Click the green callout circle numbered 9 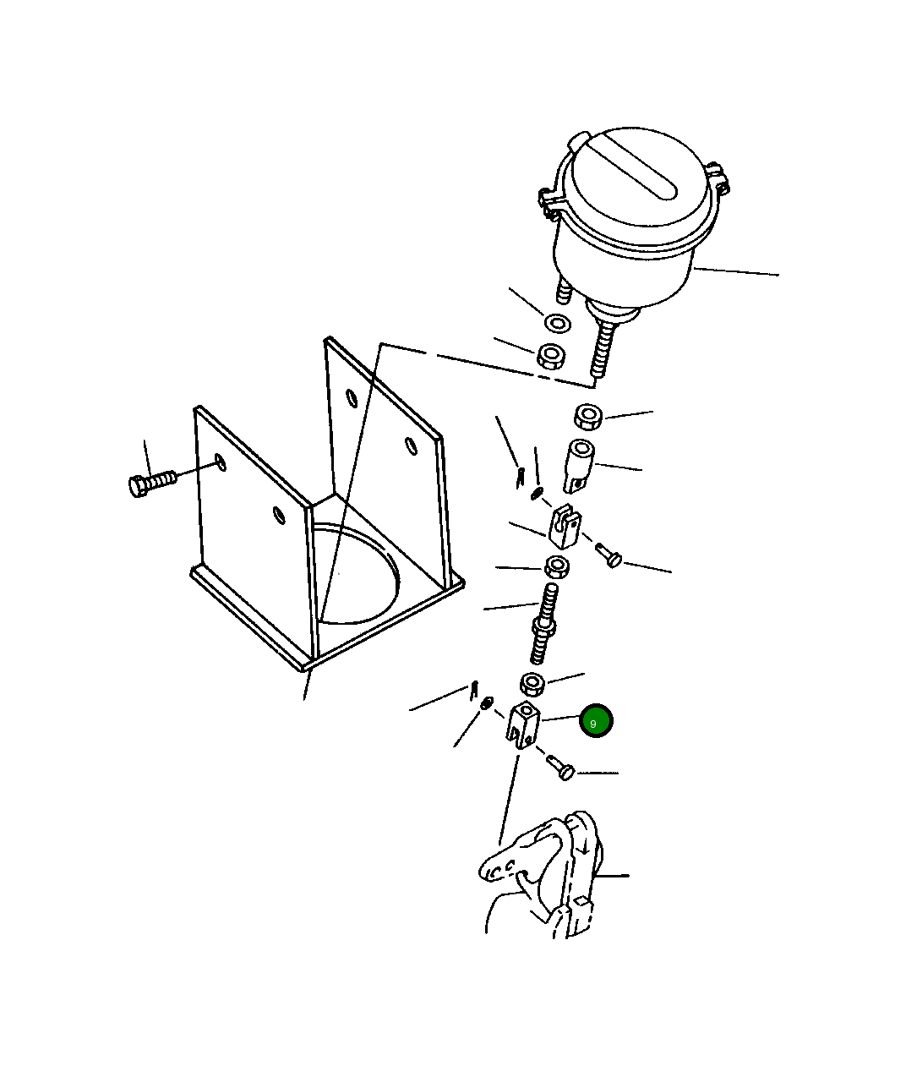pos(596,720)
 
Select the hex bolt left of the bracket pos(152,484)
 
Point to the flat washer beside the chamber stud pos(557,324)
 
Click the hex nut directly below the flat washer pos(551,355)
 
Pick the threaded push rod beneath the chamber pos(603,348)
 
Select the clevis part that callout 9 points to pos(523,724)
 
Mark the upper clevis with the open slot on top pos(565,527)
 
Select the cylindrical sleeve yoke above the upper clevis pos(579,466)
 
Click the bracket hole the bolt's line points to pos(221,462)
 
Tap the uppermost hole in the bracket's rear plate pos(352,397)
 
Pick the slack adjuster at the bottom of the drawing pos(541,877)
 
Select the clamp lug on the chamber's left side pos(549,203)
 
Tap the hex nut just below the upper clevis pos(557,566)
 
